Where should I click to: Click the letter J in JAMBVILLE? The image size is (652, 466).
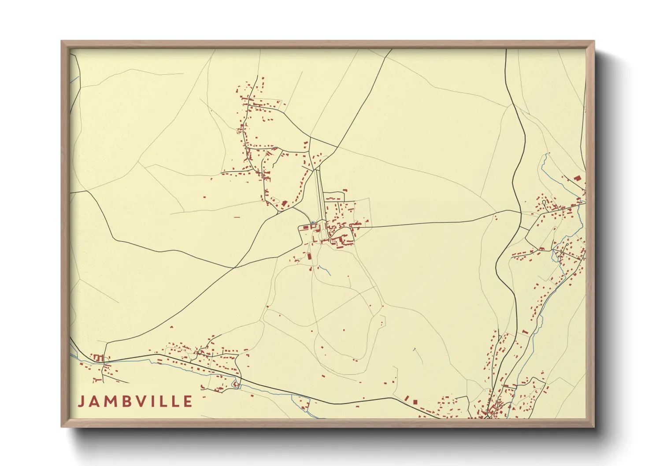81,402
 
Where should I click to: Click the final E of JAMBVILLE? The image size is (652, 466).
189,402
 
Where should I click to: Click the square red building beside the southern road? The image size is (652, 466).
415,402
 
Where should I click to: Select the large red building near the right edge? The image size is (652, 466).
577,178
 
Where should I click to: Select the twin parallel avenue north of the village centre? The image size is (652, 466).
320,194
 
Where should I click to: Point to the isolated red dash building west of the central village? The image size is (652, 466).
237,217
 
